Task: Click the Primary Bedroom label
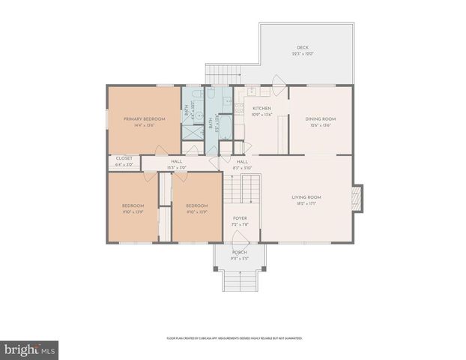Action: (x=145, y=118)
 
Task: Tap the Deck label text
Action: (x=303, y=46)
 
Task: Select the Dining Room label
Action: (x=320, y=118)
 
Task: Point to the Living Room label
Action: (x=306, y=197)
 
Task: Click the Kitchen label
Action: (x=261, y=109)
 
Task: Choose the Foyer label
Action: (x=240, y=219)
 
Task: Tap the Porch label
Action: (x=240, y=253)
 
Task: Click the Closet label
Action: (x=124, y=158)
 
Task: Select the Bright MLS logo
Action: (x=30, y=349)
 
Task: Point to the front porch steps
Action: (x=240, y=280)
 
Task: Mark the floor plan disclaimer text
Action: (x=234, y=338)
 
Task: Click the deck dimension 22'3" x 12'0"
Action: (x=303, y=53)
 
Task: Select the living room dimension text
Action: (x=306, y=203)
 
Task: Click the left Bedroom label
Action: (x=133, y=205)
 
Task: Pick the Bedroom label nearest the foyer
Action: (x=196, y=205)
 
